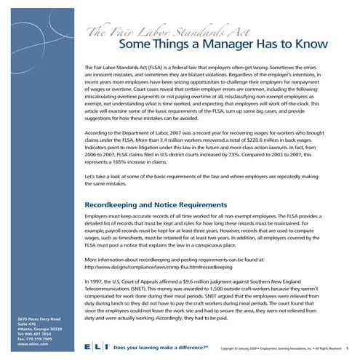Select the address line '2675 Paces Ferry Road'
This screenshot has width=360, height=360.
click(x=40, y=319)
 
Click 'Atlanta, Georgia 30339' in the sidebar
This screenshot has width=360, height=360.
click(x=41, y=330)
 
